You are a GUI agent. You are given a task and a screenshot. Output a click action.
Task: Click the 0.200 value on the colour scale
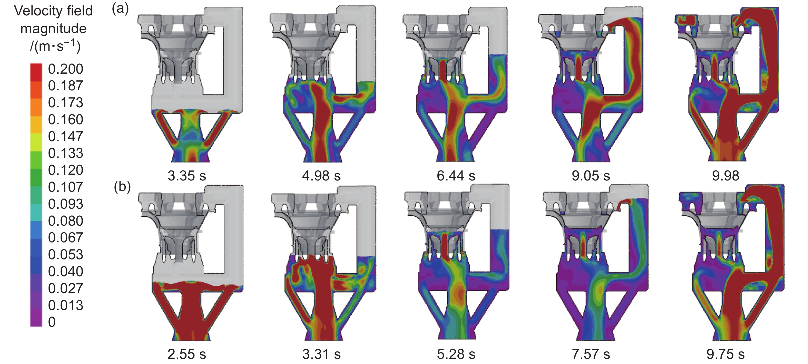pos(66,69)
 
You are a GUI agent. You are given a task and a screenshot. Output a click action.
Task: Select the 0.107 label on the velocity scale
pos(66,187)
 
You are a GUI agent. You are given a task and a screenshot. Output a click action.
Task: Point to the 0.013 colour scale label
pos(66,305)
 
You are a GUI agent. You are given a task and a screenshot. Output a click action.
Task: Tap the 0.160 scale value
pos(66,120)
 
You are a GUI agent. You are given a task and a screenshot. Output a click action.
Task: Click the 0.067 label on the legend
pos(66,237)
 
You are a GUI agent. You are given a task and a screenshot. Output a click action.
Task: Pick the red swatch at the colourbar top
pos(36,72)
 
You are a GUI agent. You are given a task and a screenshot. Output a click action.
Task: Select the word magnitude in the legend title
pos(53,29)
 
